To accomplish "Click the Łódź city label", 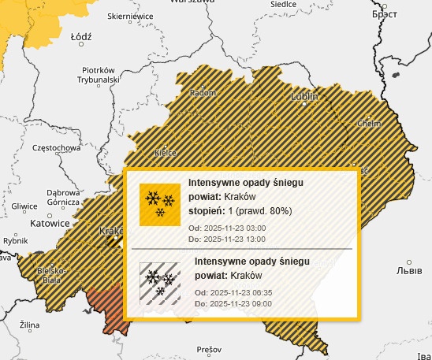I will click(x=81, y=36).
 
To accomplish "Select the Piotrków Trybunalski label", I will click(x=99, y=74).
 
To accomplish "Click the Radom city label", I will click(x=203, y=93).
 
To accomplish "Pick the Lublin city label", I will click(x=304, y=96).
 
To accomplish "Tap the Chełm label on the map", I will click(x=369, y=124).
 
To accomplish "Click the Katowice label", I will click(x=50, y=223).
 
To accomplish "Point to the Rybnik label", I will click(x=16, y=241).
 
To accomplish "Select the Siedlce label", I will click(x=282, y=4).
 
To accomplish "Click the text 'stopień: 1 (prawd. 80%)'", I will click(x=240, y=211).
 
